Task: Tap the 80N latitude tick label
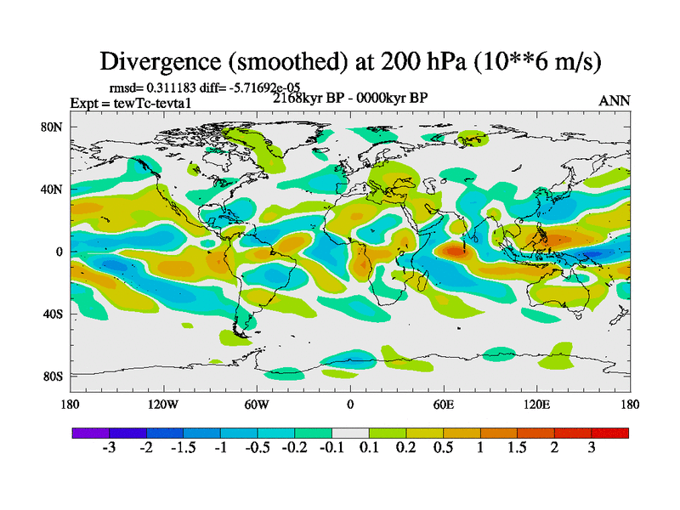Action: pyautogui.click(x=54, y=127)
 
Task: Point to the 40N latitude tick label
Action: pyautogui.click(x=54, y=190)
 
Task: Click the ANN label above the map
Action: pyautogui.click(x=615, y=100)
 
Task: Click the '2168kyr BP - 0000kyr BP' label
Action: pyautogui.click(x=349, y=98)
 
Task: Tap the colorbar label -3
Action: pyautogui.click(x=109, y=448)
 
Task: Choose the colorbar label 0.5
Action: pyautogui.click(x=443, y=448)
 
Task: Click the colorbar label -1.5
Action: pyautogui.click(x=183, y=448)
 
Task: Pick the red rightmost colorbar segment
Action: pyautogui.click(x=610, y=433)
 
